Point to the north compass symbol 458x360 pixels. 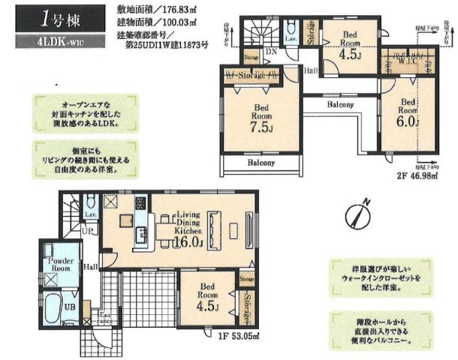tap(357, 214)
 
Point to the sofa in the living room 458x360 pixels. tap(216, 226)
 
